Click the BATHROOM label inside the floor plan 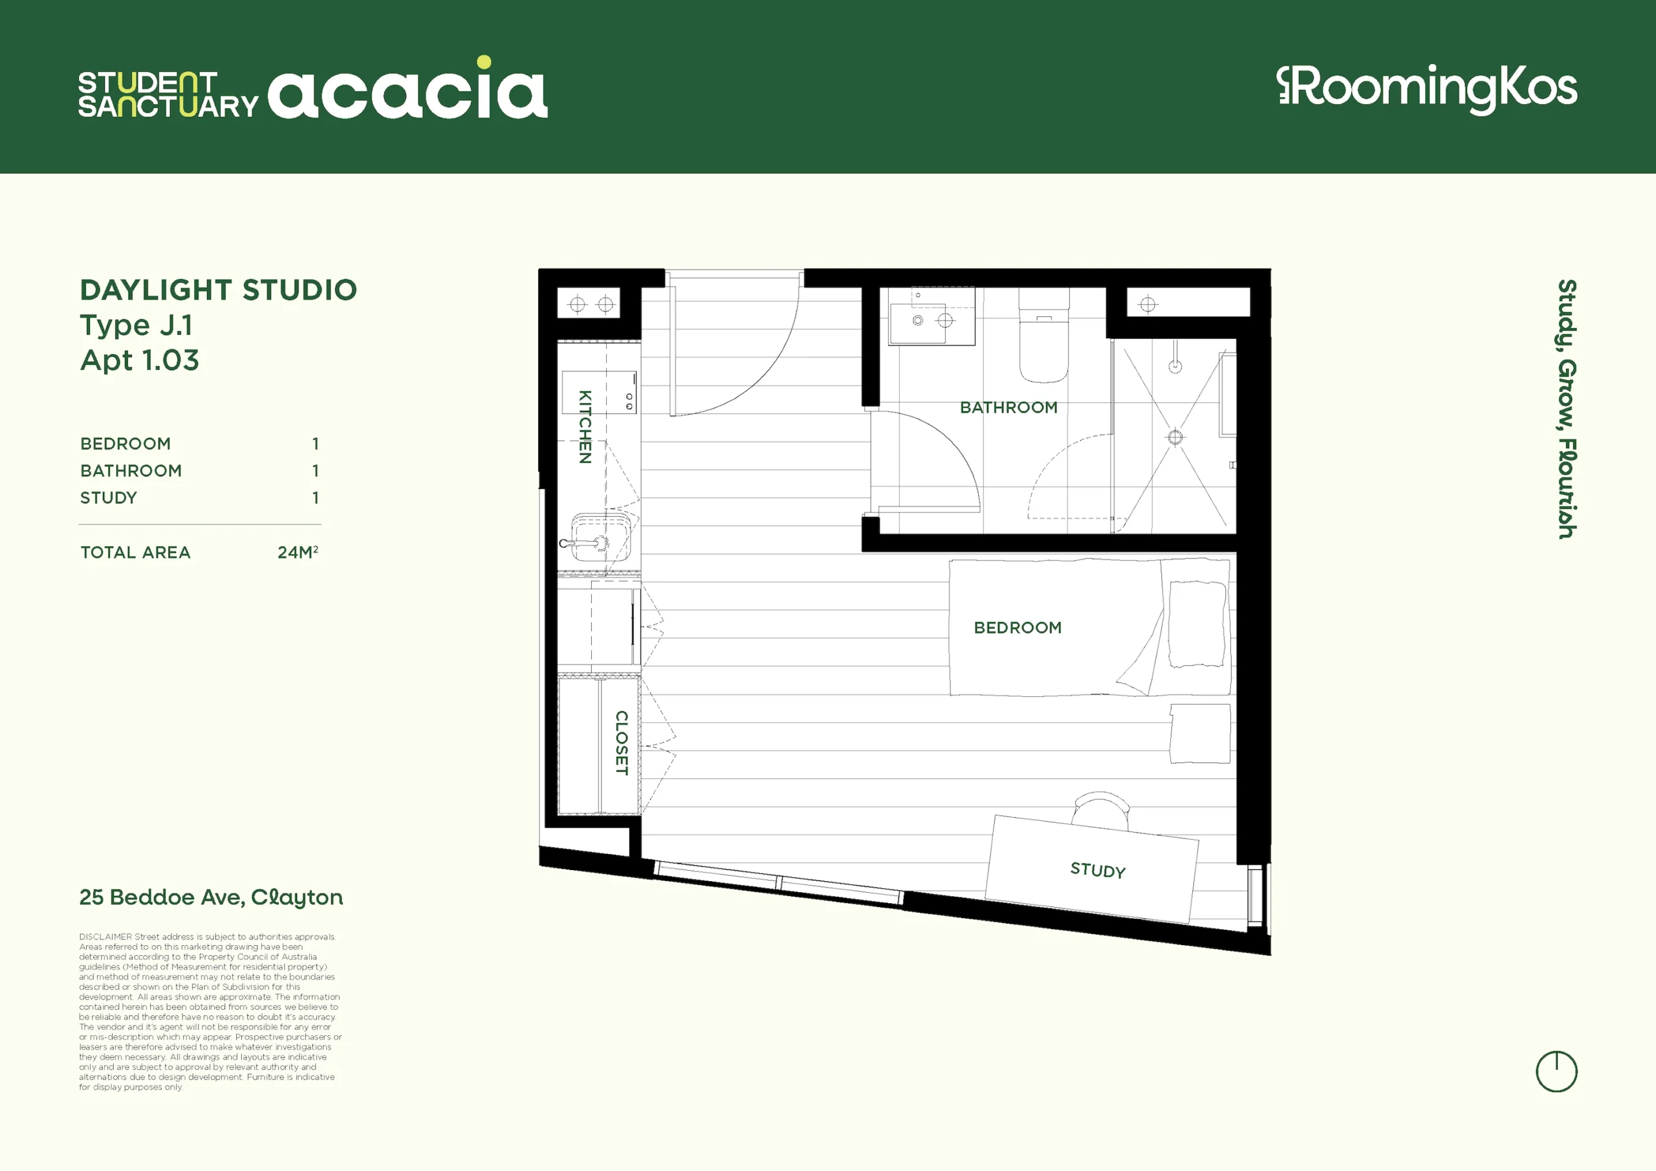(1008, 408)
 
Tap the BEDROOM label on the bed (1018, 628)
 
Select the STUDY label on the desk (1098, 870)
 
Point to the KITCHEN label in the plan (585, 426)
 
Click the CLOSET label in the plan (621, 743)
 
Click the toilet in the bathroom (1043, 336)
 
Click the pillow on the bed (1197, 624)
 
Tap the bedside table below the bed (1199, 733)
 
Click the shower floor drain (1175, 437)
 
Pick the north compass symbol (1556, 1071)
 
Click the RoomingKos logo (1426, 89)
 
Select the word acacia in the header (408, 88)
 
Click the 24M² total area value (298, 552)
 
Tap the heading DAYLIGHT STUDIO (219, 290)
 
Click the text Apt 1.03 (139, 359)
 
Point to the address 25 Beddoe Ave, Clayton (212, 897)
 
